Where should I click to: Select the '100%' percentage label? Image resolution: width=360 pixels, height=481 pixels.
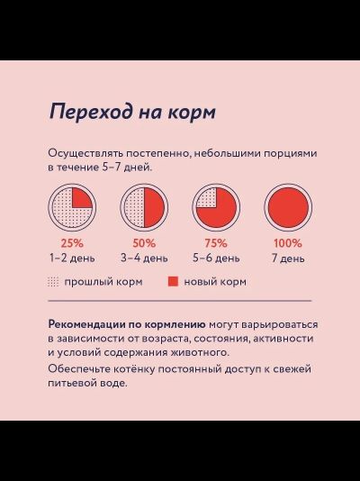287,243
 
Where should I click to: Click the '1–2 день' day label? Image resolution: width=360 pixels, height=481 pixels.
72,258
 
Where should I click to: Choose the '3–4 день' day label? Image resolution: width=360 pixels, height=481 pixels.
144,258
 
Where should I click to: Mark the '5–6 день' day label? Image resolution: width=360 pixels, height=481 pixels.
216,258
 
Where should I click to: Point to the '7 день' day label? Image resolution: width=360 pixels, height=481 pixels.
287,258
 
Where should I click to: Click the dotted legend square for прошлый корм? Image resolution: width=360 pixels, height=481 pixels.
53,282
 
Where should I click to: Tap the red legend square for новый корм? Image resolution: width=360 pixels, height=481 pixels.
174,282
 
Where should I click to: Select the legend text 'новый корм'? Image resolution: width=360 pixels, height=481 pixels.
215,282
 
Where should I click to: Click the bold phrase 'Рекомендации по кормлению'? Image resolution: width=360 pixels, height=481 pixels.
127,323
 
